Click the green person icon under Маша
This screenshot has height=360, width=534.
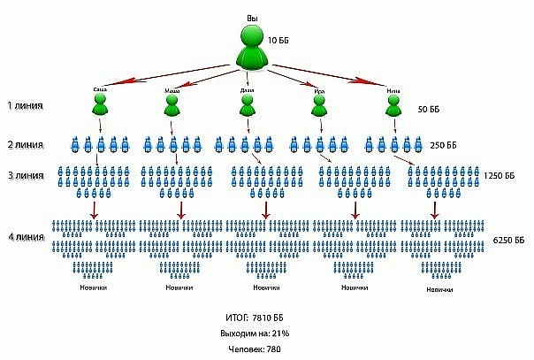(172, 105)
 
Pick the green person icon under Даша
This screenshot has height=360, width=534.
(248, 105)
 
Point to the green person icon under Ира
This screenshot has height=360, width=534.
(320, 105)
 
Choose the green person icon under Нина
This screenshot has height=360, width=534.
(394, 105)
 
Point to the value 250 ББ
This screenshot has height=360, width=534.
(444, 145)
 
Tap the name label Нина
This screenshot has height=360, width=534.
(393, 89)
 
